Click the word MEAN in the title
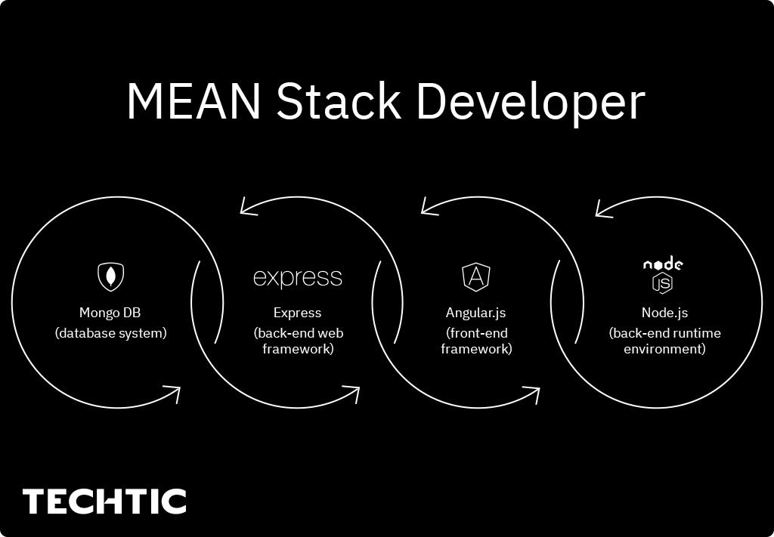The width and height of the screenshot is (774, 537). coord(193,100)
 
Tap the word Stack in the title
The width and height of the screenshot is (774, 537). coord(338,100)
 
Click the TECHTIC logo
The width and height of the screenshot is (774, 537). coord(104,502)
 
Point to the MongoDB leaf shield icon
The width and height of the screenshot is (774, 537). coord(111,276)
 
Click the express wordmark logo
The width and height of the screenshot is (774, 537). coord(297,278)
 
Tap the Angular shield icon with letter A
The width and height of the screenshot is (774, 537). coord(476,276)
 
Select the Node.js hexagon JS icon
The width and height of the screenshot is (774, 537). coord(663,282)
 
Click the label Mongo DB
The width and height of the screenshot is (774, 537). coord(110,313)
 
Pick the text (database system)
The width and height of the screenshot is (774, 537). coord(110,333)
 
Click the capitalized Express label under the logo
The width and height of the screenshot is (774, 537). coord(297,313)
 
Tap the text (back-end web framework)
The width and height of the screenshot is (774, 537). coord(298,341)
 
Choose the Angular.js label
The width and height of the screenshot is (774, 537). coord(476,313)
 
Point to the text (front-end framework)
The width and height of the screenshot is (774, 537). coord(476,341)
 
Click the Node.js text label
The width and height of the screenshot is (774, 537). coord(664,313)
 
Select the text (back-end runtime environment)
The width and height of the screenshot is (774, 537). coord(664,341)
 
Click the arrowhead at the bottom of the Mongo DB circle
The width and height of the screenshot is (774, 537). coord(172,393)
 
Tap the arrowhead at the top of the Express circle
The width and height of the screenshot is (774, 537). coord(249,205)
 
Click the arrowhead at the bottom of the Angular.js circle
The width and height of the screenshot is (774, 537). coord(531,393)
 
